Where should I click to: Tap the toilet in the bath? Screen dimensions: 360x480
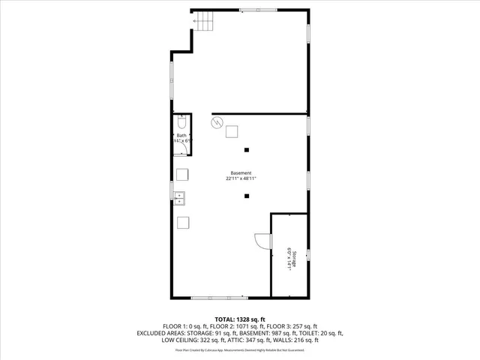182,124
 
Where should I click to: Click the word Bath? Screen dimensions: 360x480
181,136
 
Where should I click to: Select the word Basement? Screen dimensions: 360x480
241,173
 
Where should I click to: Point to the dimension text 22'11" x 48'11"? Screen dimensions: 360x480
241,179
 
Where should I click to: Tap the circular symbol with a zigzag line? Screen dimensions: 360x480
217,123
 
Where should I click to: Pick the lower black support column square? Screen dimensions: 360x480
247,196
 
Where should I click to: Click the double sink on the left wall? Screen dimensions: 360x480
181,198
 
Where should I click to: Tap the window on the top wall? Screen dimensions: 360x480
252,9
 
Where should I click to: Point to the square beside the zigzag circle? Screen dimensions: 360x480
233,131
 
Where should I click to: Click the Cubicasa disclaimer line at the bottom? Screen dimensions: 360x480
239,349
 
